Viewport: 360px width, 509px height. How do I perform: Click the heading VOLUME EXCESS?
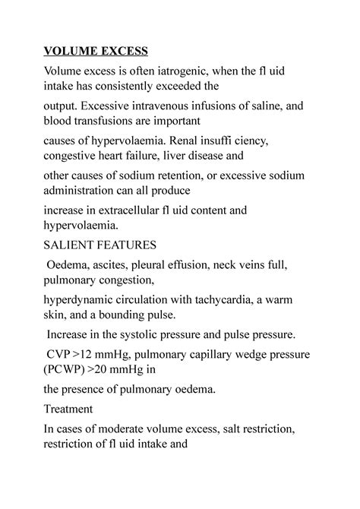coord(96,51)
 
